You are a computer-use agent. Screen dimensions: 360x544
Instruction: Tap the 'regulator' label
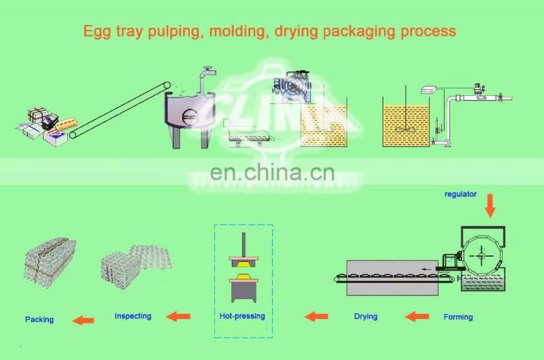[x=460, y=195]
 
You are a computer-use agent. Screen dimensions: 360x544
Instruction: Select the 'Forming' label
[x=458, y=316]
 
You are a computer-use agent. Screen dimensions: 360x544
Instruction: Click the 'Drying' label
[x=365, y=316]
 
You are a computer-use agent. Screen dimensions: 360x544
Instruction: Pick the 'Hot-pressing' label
[x=242, y=316]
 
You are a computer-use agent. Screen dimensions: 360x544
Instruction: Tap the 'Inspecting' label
[x=133, y=316]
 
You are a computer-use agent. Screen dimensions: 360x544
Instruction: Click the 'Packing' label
[x=39, y=319]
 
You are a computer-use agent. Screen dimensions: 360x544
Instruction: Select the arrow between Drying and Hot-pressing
[x=316, y=316]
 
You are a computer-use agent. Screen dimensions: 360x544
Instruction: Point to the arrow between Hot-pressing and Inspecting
[x=179, y=316]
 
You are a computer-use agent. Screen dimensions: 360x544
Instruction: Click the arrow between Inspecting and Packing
[x=84, y=320]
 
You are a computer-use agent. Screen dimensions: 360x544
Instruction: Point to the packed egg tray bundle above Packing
[x=48, y=265]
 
